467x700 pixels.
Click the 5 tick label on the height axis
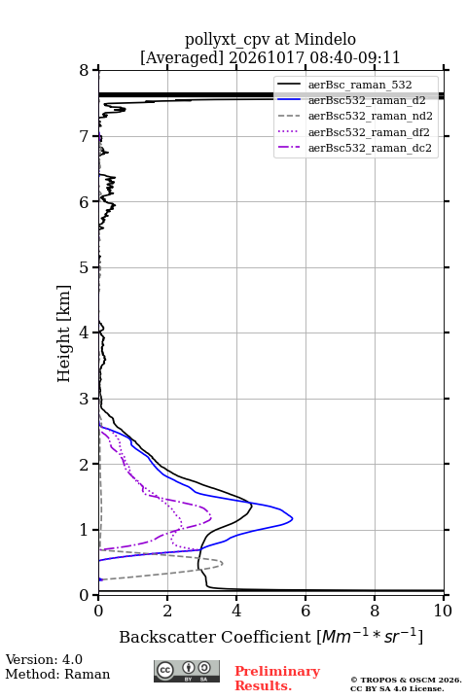click(85, 267)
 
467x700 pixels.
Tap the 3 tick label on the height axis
click(85, 399)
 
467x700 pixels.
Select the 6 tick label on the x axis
click(305, 611)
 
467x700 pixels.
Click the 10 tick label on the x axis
click(443, 611)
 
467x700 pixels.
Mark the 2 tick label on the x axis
click(167, 611)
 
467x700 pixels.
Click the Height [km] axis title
click(64, 333)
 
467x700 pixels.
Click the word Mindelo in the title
click(325, 39)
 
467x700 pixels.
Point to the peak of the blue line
click(293, 519)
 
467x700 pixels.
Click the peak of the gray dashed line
click(223, 563)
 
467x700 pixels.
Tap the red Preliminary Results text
click(277, 679)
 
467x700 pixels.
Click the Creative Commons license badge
click(187, 671)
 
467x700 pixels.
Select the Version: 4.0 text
click(44, 659)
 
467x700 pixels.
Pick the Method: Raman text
click(57, 674)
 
